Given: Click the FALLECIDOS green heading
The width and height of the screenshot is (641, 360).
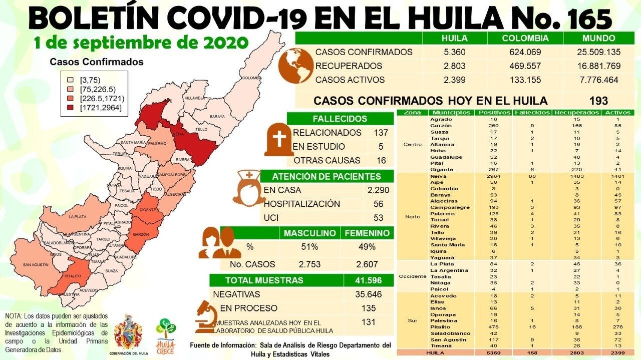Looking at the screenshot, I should pyautogui.click(x=340, y=119).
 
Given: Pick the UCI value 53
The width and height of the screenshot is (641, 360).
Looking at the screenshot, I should pyautogui.click(x=378, y=218).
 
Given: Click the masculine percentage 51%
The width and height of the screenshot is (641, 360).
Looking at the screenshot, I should pyautogui.click(x=309, y=247).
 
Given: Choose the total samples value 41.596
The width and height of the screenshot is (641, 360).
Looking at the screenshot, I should pyautogui.click(x=369, y=280).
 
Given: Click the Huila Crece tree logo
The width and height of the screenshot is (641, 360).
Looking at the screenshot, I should pyautogui.click(x=166, y=333).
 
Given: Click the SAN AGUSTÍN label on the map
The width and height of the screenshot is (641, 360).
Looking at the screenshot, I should pyautogui.click(x=36, y=265).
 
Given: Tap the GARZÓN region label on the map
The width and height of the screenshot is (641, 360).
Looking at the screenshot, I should pyautogui.click(x=141, y=235).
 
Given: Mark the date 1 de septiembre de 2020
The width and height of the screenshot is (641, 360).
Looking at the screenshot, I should pyautogui.click(x=141, y=43).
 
